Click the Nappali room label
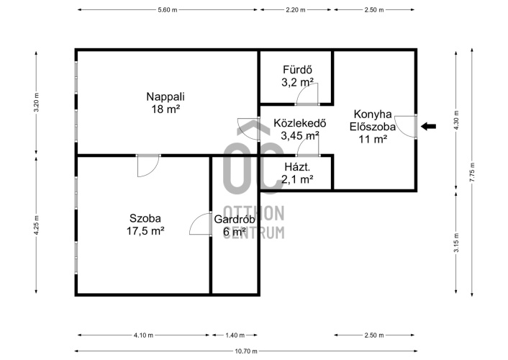point(165,103)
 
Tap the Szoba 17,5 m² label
point(145,225)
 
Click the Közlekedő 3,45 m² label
point(299,129)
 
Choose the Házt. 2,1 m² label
point(297,173)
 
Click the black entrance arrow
point(428,127)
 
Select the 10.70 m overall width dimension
point(246,351)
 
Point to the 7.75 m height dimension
point(472,172)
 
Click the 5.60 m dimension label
point(168,10)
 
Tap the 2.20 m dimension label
point(296,10)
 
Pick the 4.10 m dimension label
point(143,336)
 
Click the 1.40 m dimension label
point(235,336)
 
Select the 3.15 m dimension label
point(456,243)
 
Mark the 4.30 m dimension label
point(456,120)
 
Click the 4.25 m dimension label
point(36,225)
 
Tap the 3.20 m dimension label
point(36,102)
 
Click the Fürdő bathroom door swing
point(308,94)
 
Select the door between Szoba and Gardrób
point(200,224)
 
